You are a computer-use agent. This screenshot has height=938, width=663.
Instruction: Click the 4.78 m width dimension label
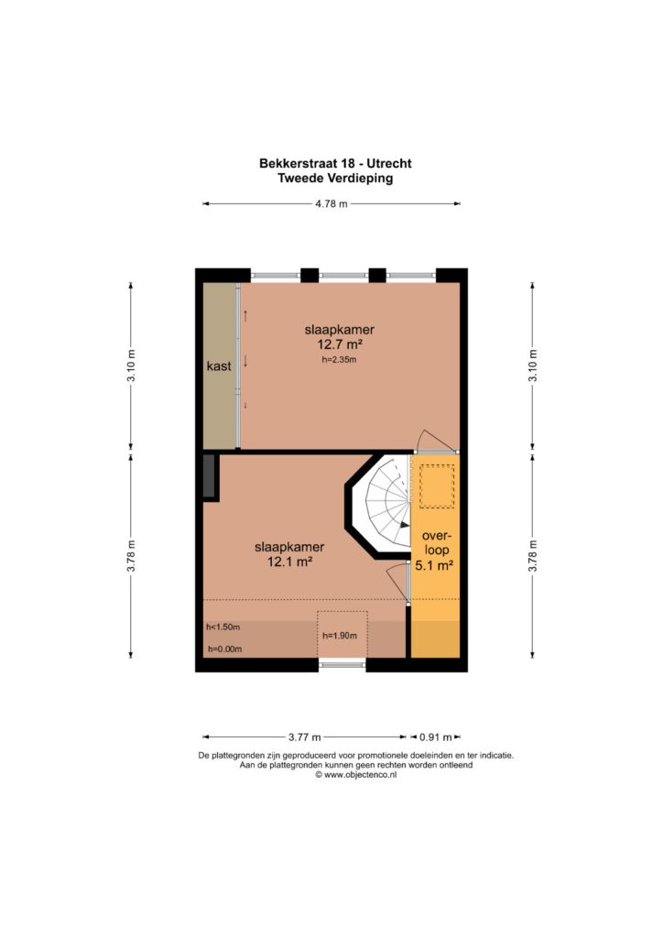(x=331, y=203)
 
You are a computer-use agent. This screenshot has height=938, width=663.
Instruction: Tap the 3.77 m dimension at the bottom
(x=305, y=737)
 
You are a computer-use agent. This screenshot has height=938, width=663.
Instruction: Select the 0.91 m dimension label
(x=435, y=737)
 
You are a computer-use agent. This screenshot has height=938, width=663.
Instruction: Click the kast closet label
(x=219, y=365)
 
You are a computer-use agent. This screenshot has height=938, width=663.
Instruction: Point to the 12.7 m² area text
(x=340, y=344)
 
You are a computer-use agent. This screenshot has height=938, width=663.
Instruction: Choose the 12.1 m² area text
(x=290, y=562)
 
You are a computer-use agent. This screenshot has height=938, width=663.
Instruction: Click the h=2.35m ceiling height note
(x=339, y=360)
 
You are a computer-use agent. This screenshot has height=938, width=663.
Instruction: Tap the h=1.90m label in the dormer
(x=340, y=636)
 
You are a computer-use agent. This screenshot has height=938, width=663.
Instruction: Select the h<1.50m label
(x=223, y=627)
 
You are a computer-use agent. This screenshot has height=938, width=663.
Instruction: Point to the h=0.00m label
(x=224, y=649)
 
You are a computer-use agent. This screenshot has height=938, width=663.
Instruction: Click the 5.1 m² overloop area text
(x=434, y=564)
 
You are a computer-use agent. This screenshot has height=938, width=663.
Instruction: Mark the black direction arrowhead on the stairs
(x=405, y=525)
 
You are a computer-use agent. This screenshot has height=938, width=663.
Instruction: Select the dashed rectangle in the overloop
(x=437, y=485)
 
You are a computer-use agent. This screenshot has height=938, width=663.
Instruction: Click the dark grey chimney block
(x=209, y=475)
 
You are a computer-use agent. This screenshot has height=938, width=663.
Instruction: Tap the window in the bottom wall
(x=342, y=664)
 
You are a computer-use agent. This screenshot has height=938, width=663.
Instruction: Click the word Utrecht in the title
(x=388, y=163)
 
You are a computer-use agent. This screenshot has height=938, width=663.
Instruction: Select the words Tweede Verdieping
(x=335, y=179)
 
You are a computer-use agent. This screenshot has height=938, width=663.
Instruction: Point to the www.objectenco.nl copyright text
(x=356, y=775)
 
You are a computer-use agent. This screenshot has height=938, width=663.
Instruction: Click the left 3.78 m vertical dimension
(x=131, y=556)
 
